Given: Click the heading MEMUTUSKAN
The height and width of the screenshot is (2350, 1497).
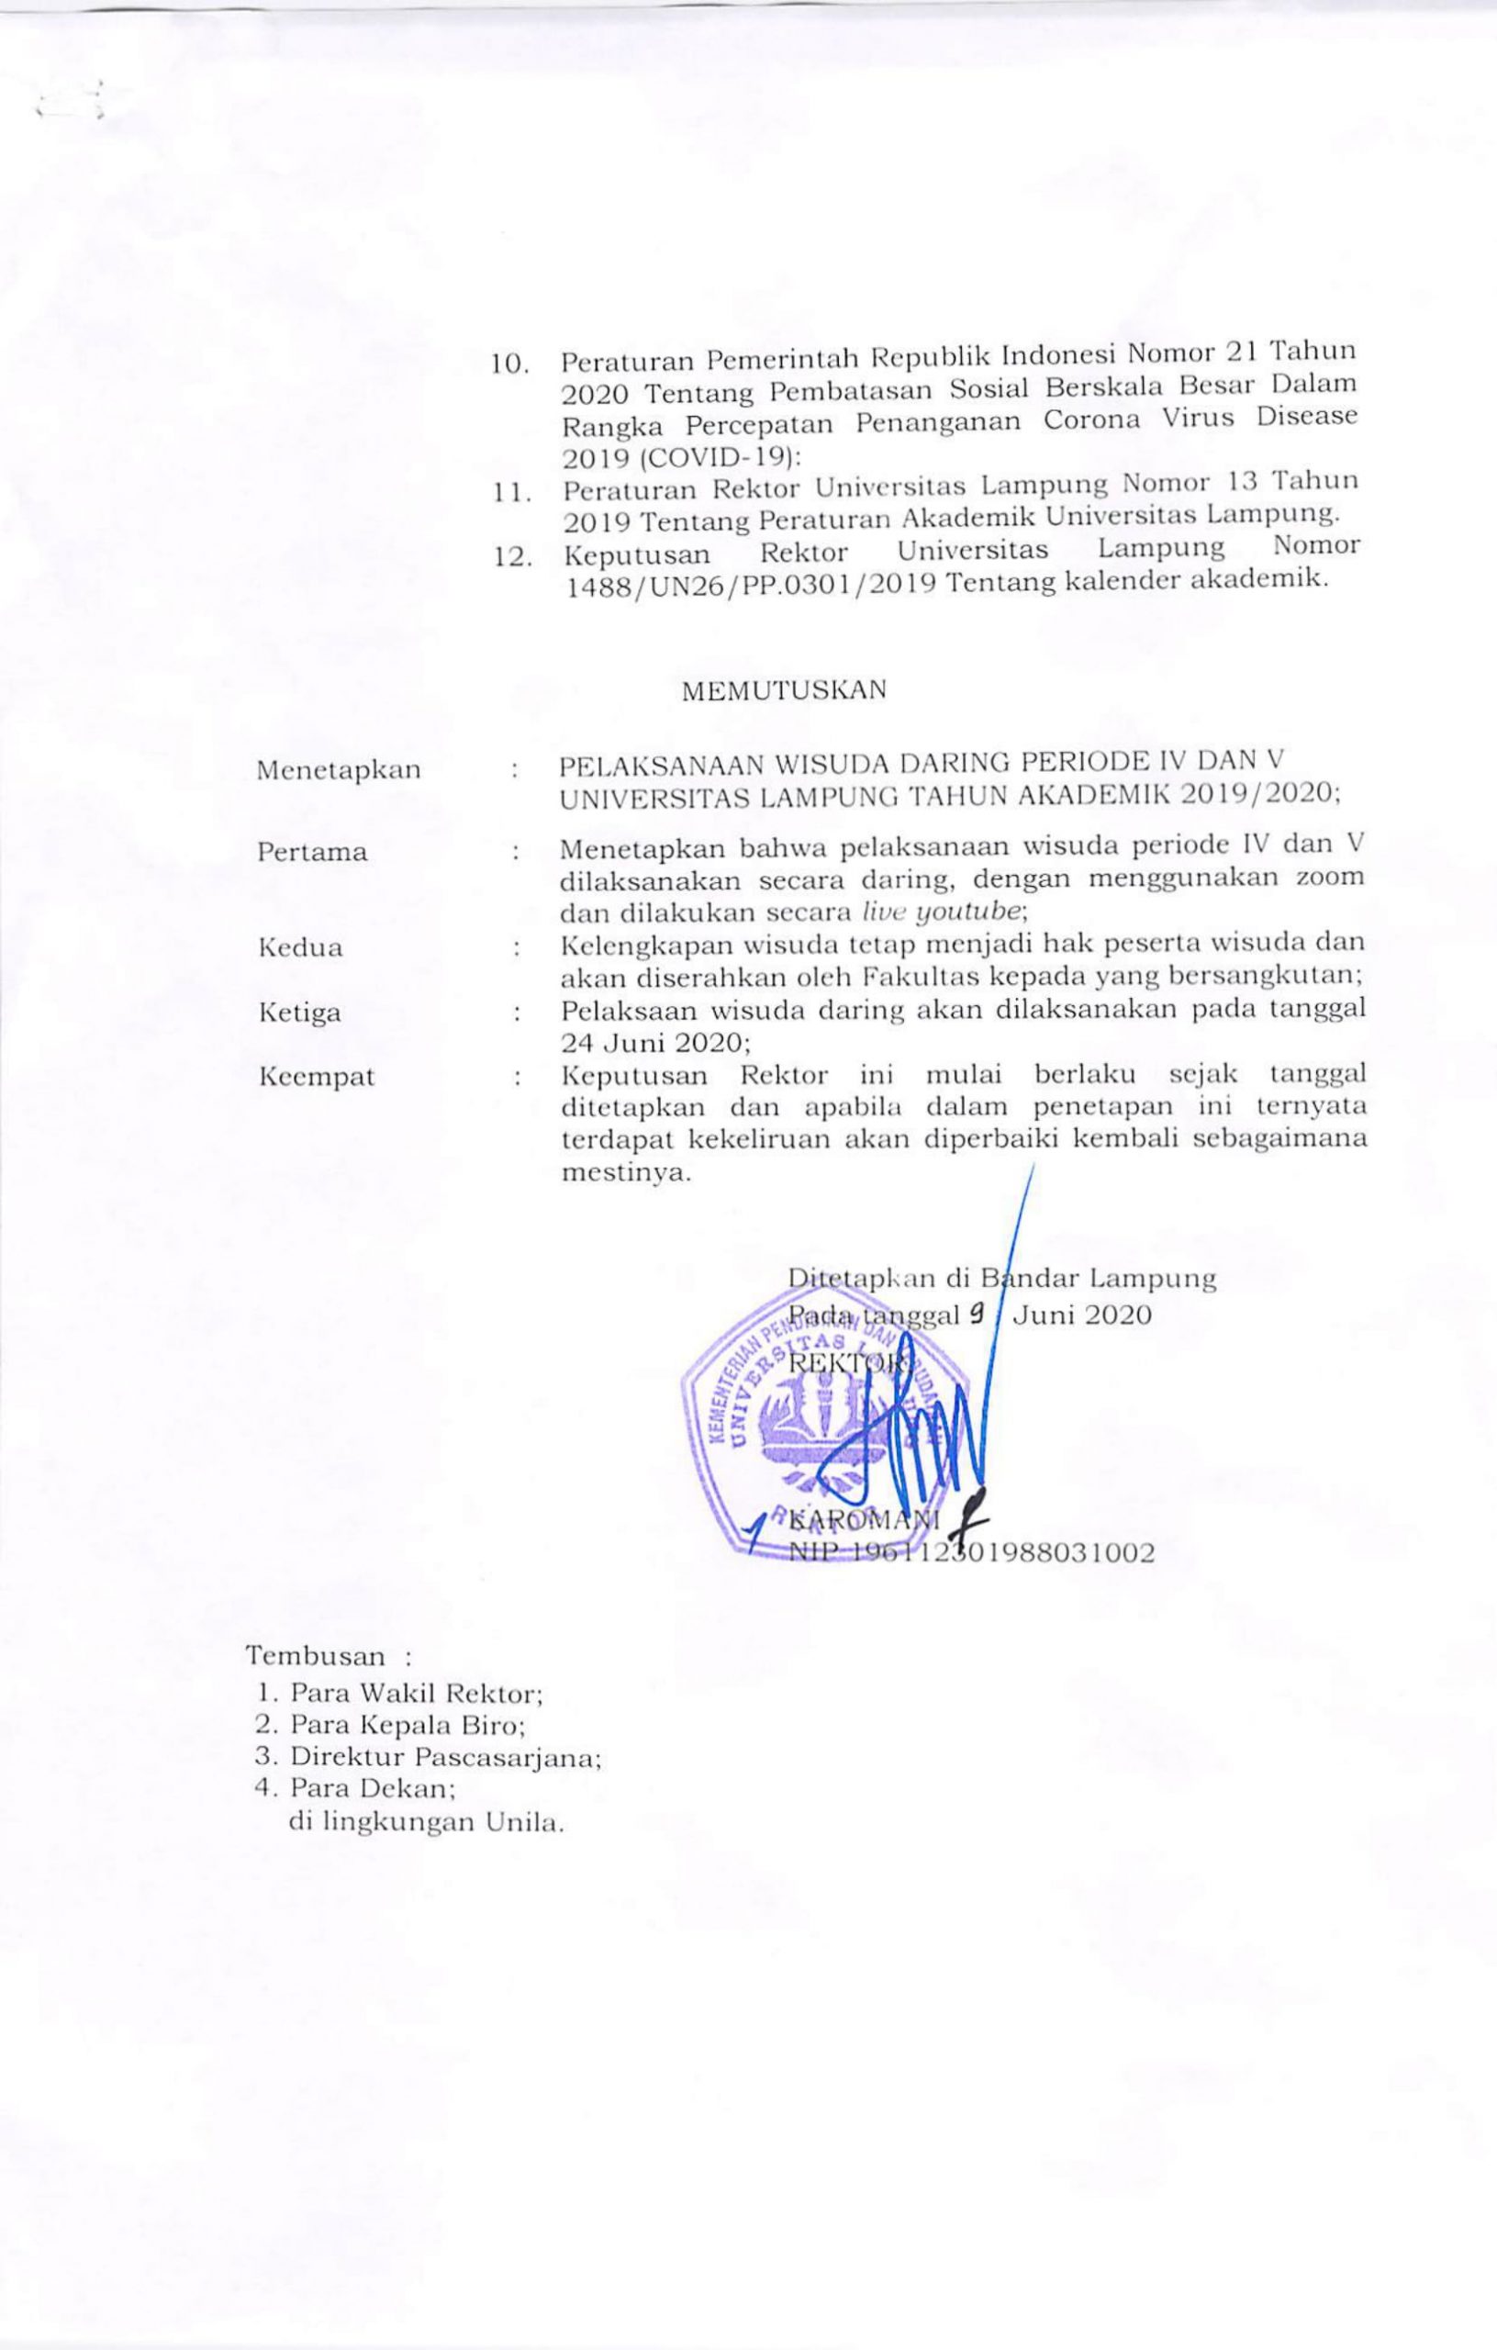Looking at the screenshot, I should click(x=784, y=689).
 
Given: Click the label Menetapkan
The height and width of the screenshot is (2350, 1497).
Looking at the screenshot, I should click(x=338, y=770).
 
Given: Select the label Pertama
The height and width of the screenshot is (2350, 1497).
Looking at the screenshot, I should click(x=312, y=852).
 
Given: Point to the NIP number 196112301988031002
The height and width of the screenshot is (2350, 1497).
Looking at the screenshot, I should click(x=972, y=1552).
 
